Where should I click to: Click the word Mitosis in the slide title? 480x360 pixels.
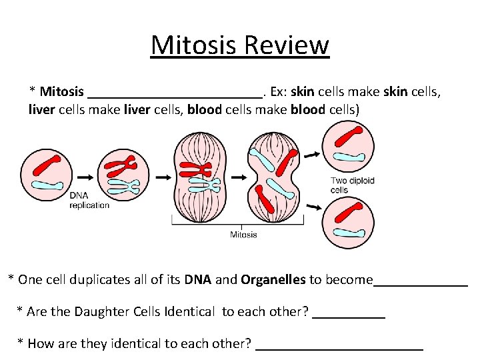point(194,45)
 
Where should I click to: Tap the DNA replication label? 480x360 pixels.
point(89,201)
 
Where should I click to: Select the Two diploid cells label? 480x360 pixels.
point(353,185)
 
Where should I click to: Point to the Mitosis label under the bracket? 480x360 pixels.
point(243,235)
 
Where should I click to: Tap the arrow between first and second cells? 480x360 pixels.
point(85,177)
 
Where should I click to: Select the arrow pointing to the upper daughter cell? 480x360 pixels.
point(311,155)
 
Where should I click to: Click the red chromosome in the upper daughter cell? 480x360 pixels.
point(347,137)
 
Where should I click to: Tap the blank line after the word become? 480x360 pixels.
point(421,283)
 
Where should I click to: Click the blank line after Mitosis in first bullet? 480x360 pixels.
point(175,95)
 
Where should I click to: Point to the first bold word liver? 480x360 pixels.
point(42,109)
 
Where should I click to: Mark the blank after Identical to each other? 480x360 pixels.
point(349,315)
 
